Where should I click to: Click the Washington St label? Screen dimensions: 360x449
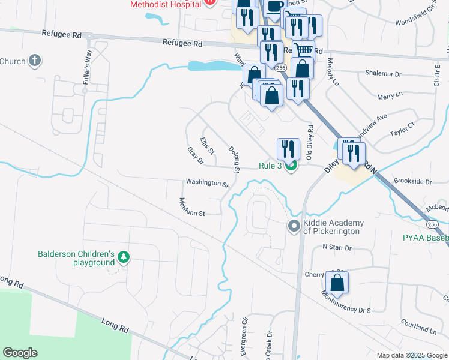point(207,182)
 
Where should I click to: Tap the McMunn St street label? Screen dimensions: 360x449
point(192,207)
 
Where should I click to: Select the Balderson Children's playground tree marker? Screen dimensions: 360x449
point(124,257)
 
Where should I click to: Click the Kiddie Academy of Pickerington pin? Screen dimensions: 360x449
point(294,226)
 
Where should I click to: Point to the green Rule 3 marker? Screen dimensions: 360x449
point(291,166)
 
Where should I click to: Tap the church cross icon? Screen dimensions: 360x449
point(35,61)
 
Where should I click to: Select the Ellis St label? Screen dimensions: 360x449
point(207,145)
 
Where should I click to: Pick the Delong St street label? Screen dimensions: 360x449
point(234,159)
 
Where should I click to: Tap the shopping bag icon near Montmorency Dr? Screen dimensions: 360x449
point(337,283)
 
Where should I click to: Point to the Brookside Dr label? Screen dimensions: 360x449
point(412,181)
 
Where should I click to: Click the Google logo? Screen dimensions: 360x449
point(20,353)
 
